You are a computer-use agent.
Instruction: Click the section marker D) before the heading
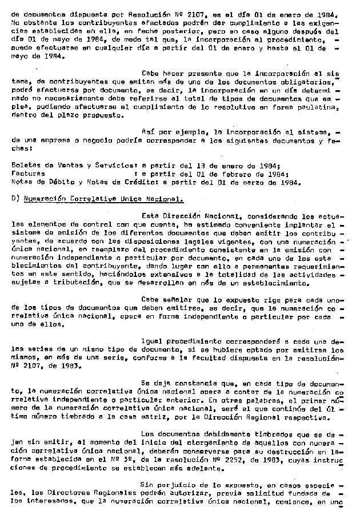15,199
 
